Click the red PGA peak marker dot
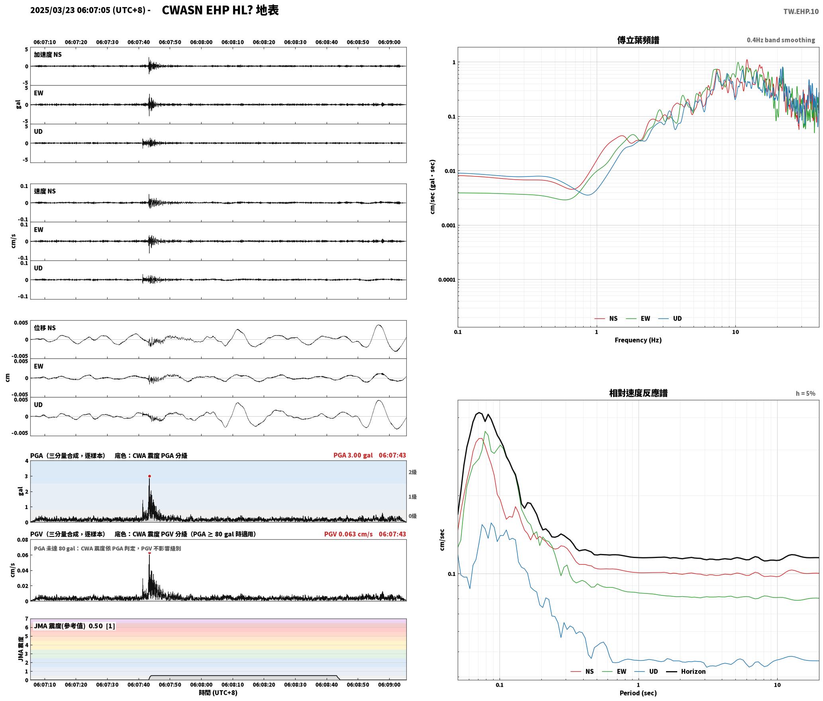pos(149,476)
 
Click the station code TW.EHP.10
pos(801,12)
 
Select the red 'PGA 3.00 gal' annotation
pos(353,455)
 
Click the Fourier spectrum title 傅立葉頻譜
pos(638,40)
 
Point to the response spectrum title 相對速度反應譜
pos(638,393)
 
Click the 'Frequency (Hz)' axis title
pos(638,340)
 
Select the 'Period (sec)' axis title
pos(638,693)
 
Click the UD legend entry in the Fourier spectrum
pos(670,318)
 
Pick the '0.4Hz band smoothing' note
pos(781,40)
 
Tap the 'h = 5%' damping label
pos(805,393)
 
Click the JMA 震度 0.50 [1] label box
pos(74,626)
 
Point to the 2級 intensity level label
pos(412,472)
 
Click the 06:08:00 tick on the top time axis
pos(201,42)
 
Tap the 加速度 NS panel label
pos(48,55)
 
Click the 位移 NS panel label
pos(45,328)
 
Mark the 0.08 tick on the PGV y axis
pos(23,540)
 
